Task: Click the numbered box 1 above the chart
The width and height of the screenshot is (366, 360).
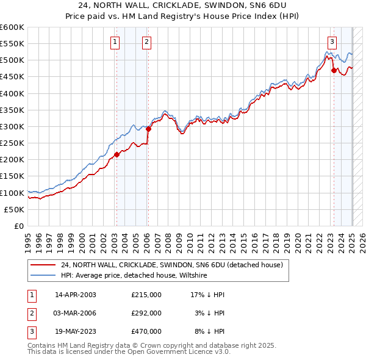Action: pos(115,42)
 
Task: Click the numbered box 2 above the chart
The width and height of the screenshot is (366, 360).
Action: pos(147,42)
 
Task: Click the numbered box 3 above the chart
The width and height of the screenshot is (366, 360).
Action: pos(332,42)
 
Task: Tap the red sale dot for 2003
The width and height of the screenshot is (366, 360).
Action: pos(117,154)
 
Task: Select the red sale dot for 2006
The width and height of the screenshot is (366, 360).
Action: pos(148,129)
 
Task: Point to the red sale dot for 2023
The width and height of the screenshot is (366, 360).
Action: pos(334,70)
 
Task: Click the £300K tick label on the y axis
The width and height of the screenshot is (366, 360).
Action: pos(12,126)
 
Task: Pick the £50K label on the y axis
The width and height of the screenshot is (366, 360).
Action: pos(15,209)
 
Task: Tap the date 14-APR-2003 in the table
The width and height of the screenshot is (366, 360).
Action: pos(76,295)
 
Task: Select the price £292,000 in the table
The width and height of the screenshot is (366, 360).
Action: pos(146,313)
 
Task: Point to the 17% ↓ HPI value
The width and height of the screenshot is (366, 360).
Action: pos(207,295)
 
